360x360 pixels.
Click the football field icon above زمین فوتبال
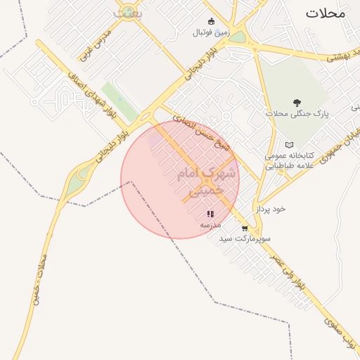[211, 21]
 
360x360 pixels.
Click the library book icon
[289, 145]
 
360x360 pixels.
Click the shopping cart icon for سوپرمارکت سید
[244, 229]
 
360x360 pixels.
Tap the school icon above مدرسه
[210, 214]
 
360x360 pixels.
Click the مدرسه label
[210, 224]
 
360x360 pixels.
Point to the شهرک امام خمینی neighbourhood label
[200, 181]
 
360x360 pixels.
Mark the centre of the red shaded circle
[180, 180]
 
